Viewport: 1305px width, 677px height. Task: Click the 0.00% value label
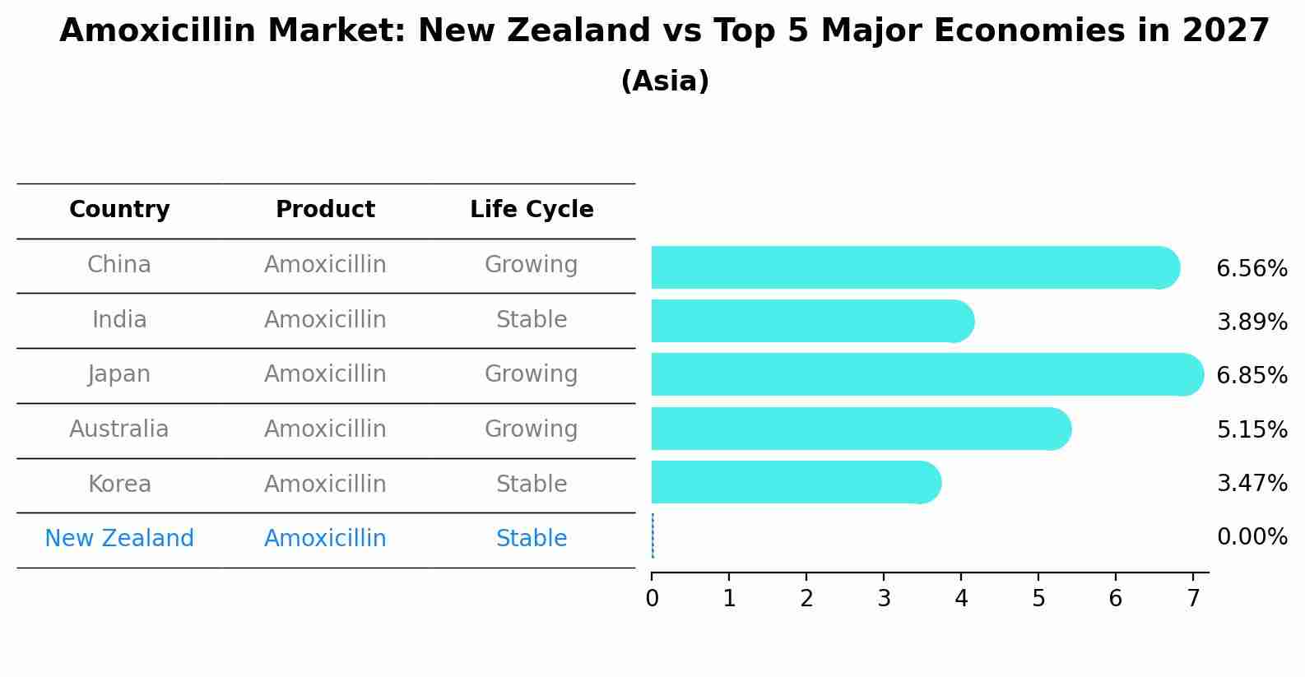(1252, 537)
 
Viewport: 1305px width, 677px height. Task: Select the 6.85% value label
(1252, 375)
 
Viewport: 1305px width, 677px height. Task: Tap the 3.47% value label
(1252, 483)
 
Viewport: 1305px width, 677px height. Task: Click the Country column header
(119, 210)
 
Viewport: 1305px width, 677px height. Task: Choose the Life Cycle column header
(532, 210)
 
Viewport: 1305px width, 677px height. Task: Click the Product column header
(325, 210)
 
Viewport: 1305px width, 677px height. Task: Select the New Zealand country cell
(119, 538)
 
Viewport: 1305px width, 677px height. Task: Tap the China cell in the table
(119, 265)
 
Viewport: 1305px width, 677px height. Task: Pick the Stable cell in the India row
(532, 319)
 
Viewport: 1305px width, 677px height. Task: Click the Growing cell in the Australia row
(532, 429)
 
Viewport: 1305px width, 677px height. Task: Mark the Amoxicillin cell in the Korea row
(325, 484)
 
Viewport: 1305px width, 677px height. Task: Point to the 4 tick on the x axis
(961, 598)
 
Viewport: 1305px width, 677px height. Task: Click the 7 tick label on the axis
(1193, 598)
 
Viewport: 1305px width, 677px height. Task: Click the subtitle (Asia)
(665, 81)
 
